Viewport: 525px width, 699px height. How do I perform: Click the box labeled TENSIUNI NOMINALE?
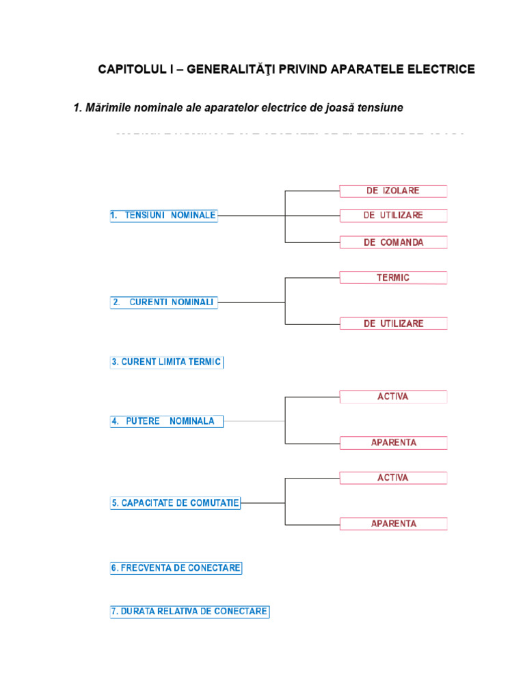[163, 216]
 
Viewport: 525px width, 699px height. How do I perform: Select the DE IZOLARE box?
[393, 191]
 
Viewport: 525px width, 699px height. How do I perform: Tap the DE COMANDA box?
[393, 242]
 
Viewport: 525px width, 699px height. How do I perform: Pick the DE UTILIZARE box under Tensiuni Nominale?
[393, 216]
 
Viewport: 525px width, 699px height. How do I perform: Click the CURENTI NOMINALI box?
[163, 302]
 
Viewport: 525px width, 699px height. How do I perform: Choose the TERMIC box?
[393, 278]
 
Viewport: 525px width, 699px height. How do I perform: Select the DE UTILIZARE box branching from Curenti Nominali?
[393, 324]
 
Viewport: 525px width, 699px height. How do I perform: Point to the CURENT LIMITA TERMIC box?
[167, 362]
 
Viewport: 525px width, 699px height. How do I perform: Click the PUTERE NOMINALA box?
[167, 421]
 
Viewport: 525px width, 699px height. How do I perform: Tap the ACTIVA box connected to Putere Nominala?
[393, 397]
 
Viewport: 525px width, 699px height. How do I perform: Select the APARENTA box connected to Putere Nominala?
[393, 443]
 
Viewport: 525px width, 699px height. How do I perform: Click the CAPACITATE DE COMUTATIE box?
[175, 503]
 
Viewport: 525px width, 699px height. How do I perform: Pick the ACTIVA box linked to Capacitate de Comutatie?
[393, 478]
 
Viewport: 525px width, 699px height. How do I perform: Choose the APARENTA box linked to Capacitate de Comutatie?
[393, 524]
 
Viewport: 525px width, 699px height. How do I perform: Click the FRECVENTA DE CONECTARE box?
[176, 568]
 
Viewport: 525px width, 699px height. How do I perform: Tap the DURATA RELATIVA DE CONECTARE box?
[189, 612]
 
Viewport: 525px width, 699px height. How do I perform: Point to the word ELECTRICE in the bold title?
[439, 70]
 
